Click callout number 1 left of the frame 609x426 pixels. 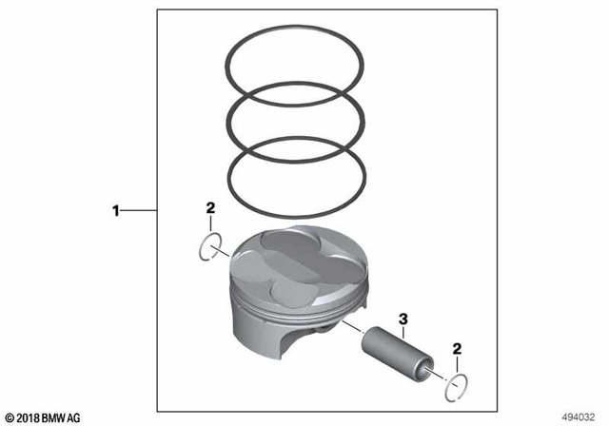116,210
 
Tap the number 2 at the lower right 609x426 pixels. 458,350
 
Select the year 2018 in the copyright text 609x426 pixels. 31,417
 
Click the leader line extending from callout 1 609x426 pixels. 138,210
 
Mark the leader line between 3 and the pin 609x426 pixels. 403,331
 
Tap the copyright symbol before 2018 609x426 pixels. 9,417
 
